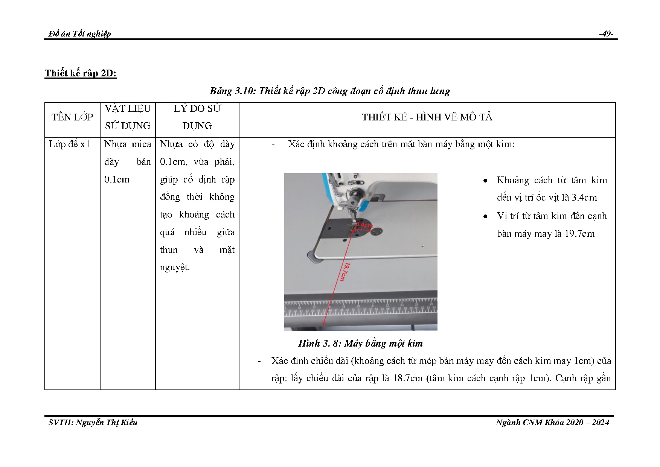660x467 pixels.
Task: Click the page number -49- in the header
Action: pyautogui.click(x=606, y=34)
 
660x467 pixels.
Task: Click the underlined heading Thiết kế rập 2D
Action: pyautogui.click(x=81, y=73)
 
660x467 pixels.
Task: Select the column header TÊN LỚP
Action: pyautogui.click(x=72, y=117)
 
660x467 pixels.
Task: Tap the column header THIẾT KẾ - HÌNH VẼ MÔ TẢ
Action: pyautogui.click(x=427, y=117)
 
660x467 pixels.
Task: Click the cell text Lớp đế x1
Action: pyautogui.click(x=69, y=144)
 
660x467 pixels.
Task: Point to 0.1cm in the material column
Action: pyautogui.click(x=117, y=179)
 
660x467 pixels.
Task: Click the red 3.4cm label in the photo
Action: pyautogui.click(x=364, y=225)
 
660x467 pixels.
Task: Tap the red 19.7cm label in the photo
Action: pyautogui.click(x=344, y=271)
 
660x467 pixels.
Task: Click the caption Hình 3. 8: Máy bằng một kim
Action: pyautogui.click(x=360, y=343)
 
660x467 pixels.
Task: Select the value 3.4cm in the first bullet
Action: pyautogui.click(x=584, y=198)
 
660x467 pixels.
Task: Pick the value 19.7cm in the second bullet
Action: pyautogui.click(x=579, y=234)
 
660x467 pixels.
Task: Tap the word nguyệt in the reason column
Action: pyautogui.click(x=175, y=268)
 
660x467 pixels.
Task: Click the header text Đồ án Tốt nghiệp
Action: pyautogui.click(x=79, y=34)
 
